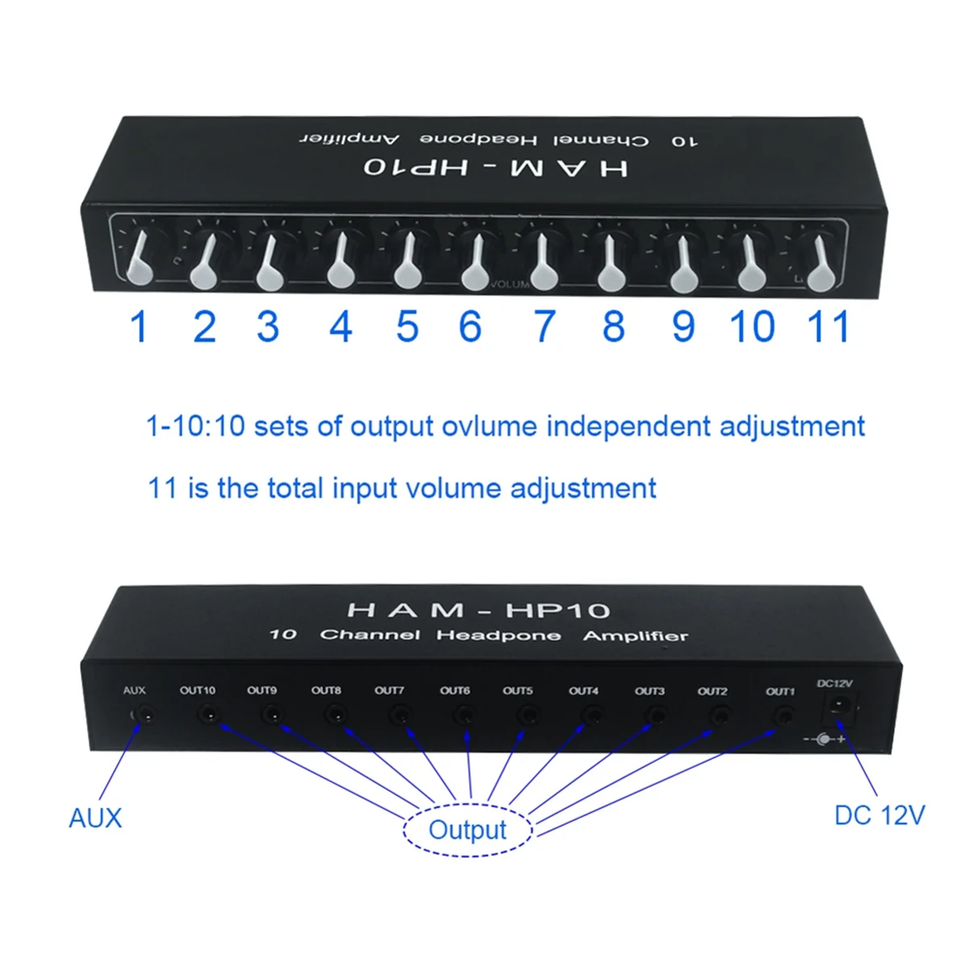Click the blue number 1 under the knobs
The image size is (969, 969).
tap(138, 326)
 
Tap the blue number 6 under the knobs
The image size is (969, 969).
tap(470, 326)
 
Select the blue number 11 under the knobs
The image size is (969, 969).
tap(828, 326)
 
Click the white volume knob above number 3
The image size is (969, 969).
tap(269, 263)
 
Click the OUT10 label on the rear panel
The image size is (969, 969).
tap(198, 690)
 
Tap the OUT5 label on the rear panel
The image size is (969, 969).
tap(518, 691)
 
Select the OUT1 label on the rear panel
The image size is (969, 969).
tap(780, 691)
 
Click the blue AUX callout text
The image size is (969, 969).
tap(95, 818)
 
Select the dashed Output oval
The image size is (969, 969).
tap(468, 829)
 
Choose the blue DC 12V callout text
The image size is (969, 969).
tap(879, 816)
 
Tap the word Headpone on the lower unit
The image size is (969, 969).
tap(498, 636)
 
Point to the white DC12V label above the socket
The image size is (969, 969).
tap(835, 684)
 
